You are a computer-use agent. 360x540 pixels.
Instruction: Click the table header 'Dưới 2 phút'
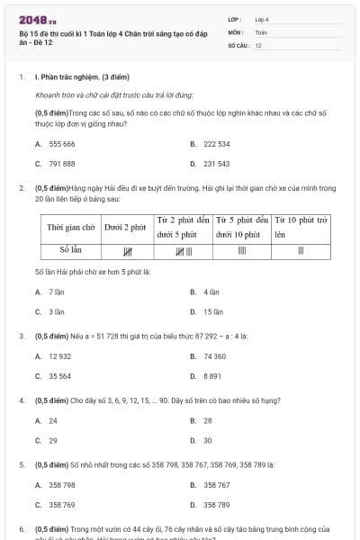125,228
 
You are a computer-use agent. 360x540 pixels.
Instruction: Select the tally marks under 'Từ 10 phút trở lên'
301,249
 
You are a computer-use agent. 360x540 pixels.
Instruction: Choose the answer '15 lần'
212,311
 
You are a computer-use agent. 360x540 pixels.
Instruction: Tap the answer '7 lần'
56,292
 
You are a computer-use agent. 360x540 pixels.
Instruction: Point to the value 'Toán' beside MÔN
262,31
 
